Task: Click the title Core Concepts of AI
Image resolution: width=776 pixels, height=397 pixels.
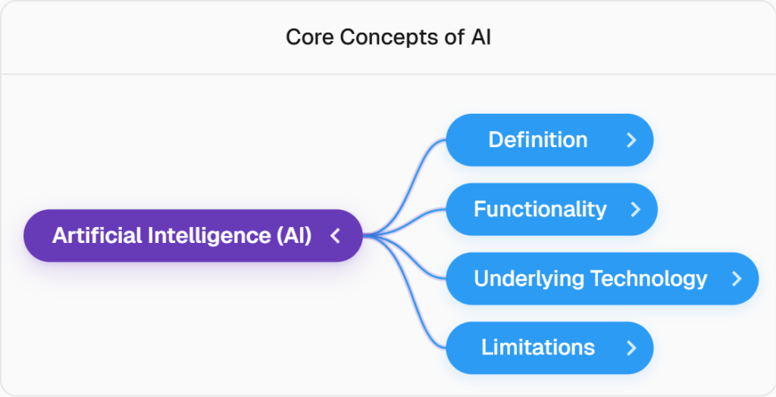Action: (388, 37)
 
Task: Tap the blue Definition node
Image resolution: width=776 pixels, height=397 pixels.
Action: (538, 140)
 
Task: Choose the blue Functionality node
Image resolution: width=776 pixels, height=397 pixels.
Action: (540, 209)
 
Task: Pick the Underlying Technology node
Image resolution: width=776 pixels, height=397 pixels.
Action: (591, 279)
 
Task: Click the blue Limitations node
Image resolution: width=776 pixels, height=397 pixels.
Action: (538, 348)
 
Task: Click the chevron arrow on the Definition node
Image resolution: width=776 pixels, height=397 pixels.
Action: (631, 140)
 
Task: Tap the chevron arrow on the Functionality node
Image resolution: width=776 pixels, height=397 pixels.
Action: (636, 209)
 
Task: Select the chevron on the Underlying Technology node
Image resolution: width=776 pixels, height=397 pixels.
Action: (737, 279)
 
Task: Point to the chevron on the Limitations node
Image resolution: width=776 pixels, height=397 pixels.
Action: (631, 348)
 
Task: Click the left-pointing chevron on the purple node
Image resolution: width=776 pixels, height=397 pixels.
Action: (336, 236)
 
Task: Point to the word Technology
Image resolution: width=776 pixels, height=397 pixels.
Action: (649, 279)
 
